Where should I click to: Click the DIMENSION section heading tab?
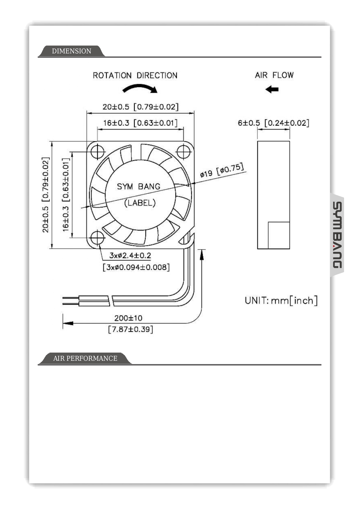tap(71, 51)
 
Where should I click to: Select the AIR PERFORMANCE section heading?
tap(85, 358)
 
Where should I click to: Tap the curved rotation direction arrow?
tap(140, 88)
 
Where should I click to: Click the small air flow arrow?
tap(272, 89)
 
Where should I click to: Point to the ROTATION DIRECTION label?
tap(135, 75)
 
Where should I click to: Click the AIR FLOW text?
tap(274, 75)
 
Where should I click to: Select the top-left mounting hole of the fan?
tap(97, 151)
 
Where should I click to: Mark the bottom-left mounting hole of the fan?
tap(97, 238)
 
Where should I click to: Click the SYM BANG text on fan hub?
tap(138, 186)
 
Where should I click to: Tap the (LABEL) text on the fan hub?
tap(140, 203)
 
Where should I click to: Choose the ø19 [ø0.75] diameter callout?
tap(222, 171)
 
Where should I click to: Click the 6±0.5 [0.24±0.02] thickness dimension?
tap(273, 123)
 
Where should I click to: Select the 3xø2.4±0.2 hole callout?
tap(130, 255)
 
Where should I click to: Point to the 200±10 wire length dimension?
tap(128, 318)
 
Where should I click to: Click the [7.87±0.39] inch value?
tap(131, 329)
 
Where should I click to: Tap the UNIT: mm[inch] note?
tap(281, 300)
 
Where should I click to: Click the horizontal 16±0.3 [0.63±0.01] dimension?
tap(140, 123)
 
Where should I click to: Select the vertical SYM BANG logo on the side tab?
tap(337, 235)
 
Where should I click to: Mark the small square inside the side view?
tap(279, 235)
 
